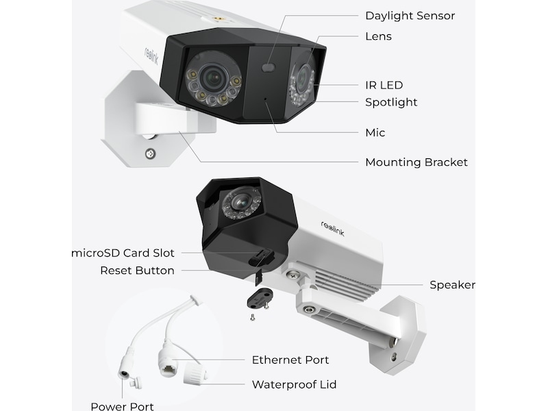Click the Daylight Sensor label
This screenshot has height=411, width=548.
410,15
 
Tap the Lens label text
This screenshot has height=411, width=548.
378,36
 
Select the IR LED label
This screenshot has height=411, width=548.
384,85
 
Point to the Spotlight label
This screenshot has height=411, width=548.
391,102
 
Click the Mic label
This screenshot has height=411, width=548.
375,132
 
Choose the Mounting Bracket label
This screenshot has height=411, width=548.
416,162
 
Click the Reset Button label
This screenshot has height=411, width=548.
137,271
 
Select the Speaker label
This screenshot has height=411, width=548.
452,285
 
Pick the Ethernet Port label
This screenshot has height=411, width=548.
290,360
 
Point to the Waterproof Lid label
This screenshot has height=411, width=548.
294,384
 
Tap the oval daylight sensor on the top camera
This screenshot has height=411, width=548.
269,68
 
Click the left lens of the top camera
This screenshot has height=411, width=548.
214,78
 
